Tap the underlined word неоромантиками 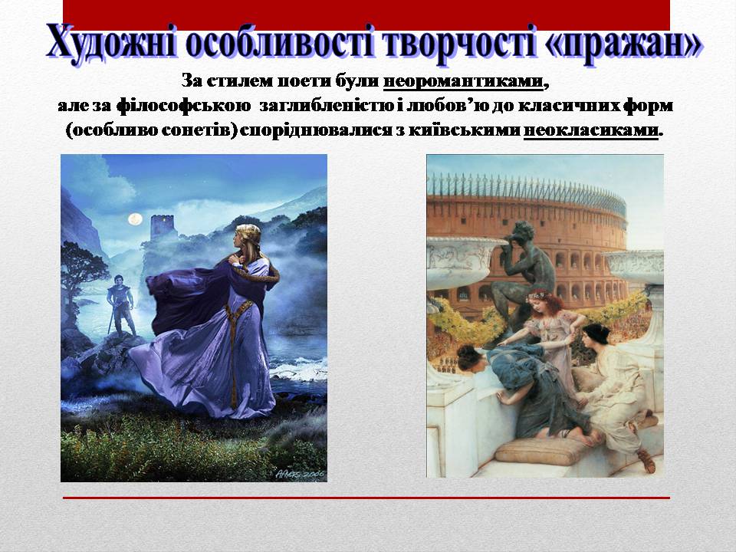(463, 82)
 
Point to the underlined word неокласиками (590, 130)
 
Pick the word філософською (183, 106)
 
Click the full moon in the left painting (135, 219)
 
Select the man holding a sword (120, 304)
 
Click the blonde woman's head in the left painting (248, 238)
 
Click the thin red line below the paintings (366, 498)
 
